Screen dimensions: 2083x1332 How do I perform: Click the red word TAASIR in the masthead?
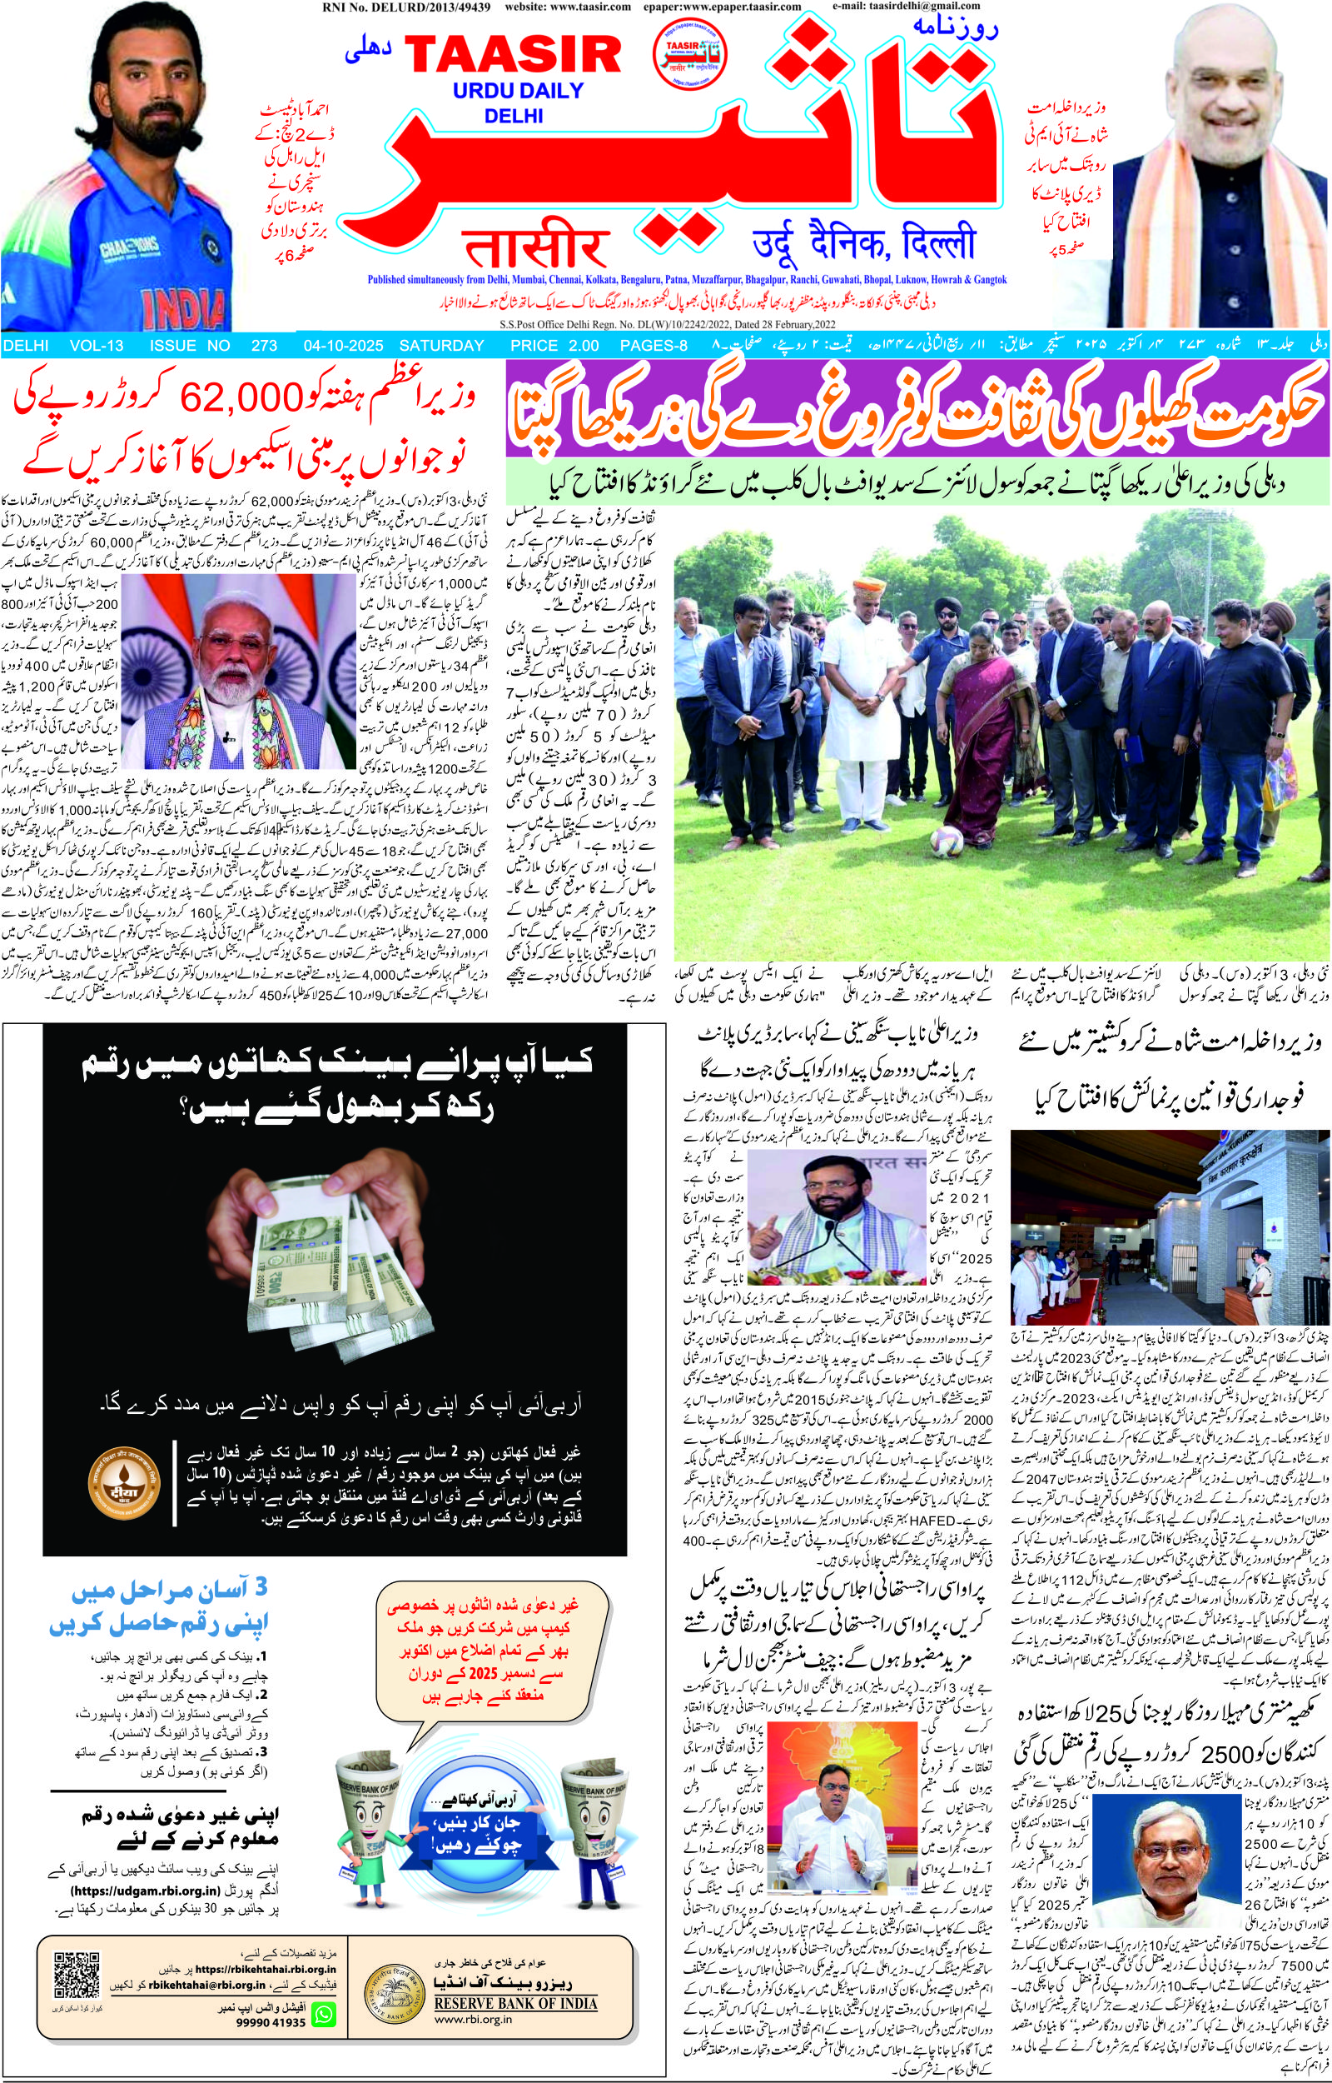click(x=513, y=54)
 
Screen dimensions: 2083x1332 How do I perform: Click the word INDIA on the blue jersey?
click(x=180, y=307)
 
